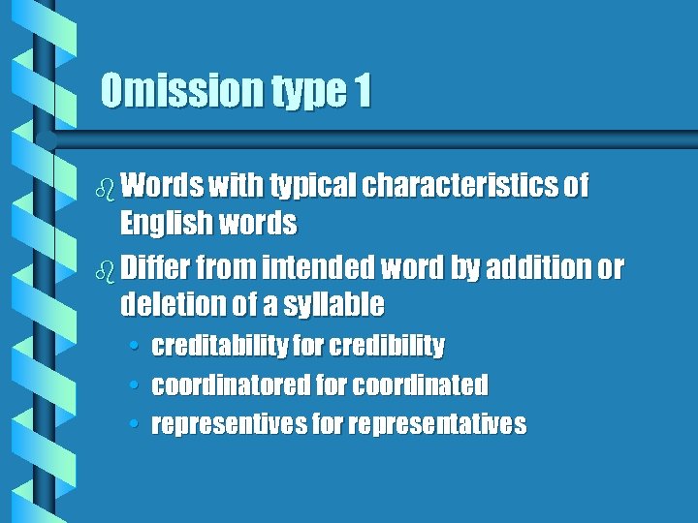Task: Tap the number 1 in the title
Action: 362,91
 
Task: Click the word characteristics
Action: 460,185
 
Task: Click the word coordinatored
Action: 232,385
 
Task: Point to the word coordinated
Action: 420,385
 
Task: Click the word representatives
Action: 438,424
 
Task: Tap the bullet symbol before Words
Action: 105,186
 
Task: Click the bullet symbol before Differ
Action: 105,265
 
